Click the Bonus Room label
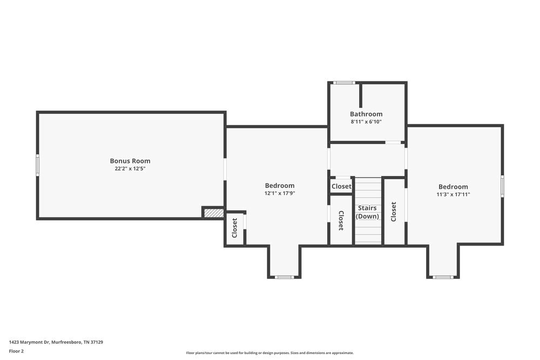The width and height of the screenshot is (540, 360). click(130, 161)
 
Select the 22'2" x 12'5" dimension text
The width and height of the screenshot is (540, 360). click(130, 168)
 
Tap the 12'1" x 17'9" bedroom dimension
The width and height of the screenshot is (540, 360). click(280, 193)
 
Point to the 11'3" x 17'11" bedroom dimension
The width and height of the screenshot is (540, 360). click(453, 194)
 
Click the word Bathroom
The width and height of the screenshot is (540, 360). click(366, 114)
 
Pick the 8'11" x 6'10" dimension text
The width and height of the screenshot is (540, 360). click(366, 122)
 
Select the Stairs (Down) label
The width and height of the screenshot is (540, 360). click(367, 212)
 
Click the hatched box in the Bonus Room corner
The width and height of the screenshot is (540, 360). click(214, 213)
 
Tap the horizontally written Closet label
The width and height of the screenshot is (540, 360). click(341, 186)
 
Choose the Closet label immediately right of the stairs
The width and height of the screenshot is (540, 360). click(394, 212)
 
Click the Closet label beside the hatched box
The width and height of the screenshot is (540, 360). click(234, 228)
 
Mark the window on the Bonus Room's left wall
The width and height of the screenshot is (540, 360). click(38, 165)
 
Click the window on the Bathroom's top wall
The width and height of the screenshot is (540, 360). click(344, 83)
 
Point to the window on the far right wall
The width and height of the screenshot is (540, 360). click(502, 186)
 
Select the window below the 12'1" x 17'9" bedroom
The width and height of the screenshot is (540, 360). click(285, 277)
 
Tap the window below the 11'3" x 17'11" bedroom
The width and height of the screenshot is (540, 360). click(443, 277)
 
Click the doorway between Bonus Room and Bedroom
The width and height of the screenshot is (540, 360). click(225, 169)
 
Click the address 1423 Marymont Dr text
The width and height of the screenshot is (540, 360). click(56, 342)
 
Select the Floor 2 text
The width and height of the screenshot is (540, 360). click(17, 351)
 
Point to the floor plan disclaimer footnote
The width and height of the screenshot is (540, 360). click(270, 353)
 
